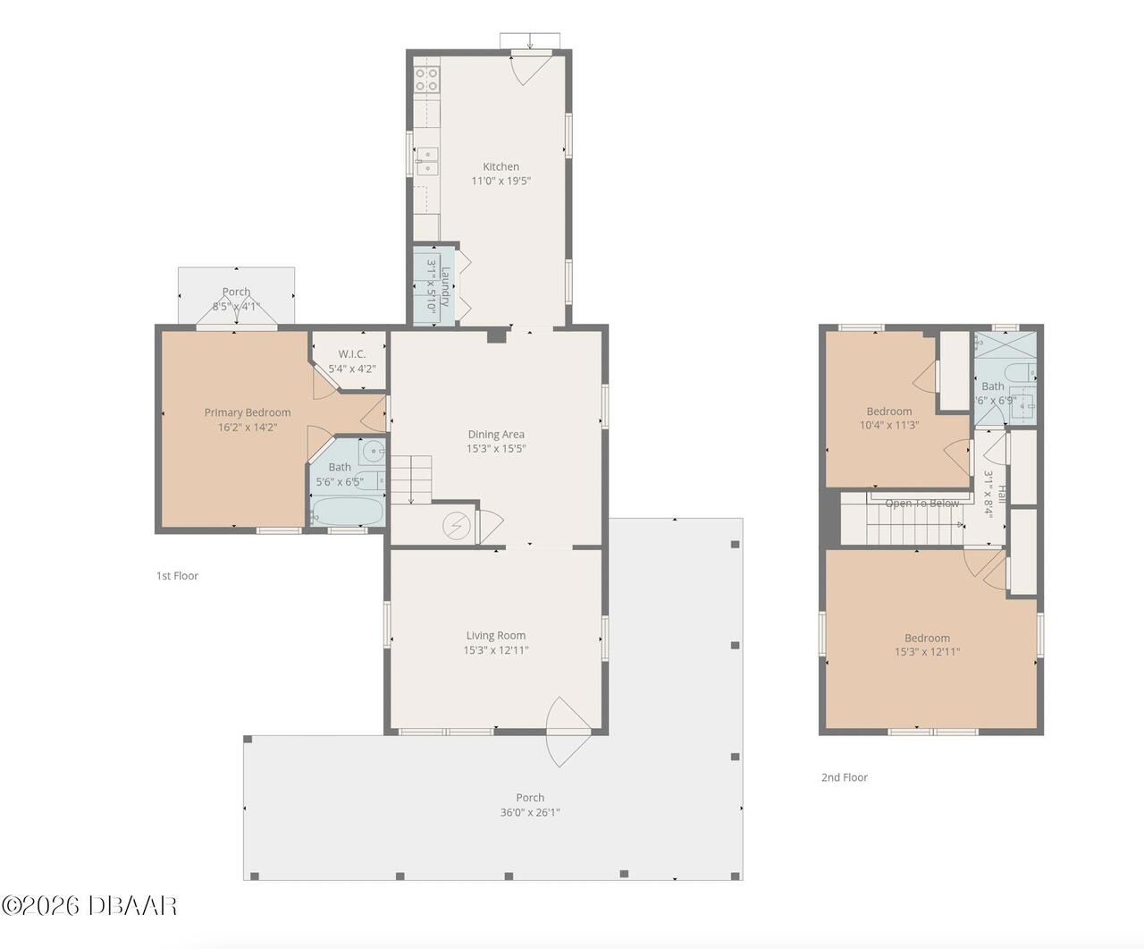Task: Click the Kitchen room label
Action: click(500, 166)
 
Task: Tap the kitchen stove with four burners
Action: click(426, 80)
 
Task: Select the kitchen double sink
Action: click(427, 161)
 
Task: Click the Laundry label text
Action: click(445, 286)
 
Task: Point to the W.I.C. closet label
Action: click(352, 354)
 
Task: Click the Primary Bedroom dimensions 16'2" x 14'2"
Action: click(248, 427)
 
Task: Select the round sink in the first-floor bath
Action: click(373, 453)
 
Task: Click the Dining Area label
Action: click(496, 434)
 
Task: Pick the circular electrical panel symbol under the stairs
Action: click(457, 526)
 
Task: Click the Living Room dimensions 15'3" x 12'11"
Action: click(496, 650)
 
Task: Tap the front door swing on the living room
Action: click(568, 732)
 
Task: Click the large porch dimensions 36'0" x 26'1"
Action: click(530, 812)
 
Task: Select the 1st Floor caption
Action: click(177, 576)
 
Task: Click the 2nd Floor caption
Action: click(845, 777)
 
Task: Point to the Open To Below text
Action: click(922, 504)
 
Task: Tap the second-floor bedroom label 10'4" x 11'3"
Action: click(889, 425)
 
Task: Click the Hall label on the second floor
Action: click(1002, 494)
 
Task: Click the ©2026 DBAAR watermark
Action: click(88, 906)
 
